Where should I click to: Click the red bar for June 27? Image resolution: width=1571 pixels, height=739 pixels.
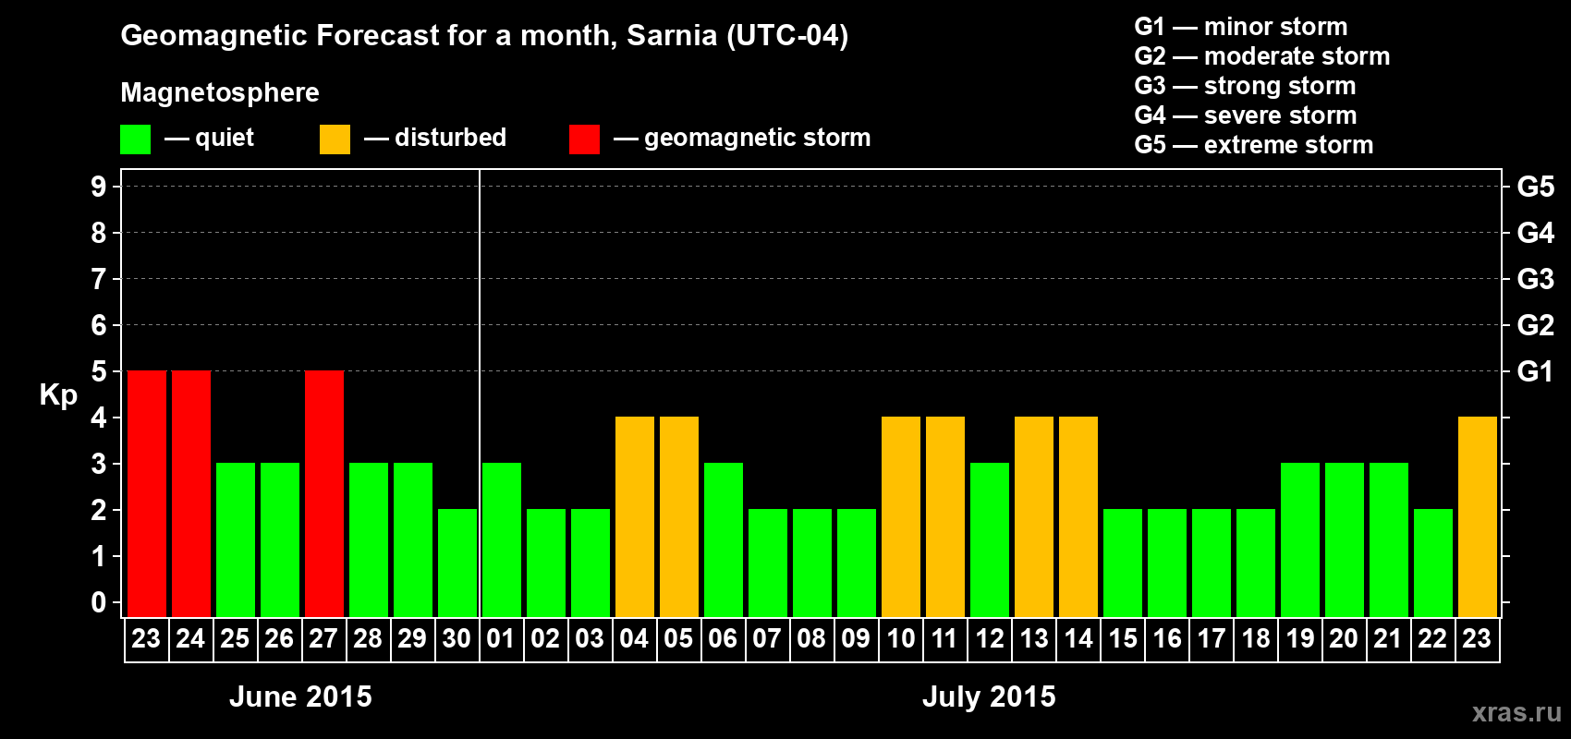tap(324, 493)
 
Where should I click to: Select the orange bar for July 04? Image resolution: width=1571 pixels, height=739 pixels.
tap(635, 516)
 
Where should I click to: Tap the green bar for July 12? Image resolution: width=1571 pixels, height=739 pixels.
tap(990, 539)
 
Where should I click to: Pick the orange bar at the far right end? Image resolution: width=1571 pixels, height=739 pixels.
tap(1478, 516)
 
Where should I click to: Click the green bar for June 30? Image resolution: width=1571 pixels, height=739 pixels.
tap(457, 563)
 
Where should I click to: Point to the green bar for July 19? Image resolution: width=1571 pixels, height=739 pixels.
tap(1300, 539)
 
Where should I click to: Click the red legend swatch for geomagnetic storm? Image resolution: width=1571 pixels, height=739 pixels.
tap(584, 139)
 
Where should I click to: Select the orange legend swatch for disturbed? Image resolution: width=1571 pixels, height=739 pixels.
tap(335, 139)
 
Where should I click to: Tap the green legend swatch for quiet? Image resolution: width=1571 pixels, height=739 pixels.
tap(135, 139)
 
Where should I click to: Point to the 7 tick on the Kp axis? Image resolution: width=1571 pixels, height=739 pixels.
tap(99, 279)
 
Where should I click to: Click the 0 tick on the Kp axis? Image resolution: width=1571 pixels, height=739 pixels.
tap(99, 603)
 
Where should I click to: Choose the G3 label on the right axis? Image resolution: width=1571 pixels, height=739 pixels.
tap(1535, 279)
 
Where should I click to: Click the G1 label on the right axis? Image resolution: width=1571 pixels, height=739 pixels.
tap(1535, 371)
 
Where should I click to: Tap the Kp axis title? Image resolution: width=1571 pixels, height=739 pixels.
tap(58, 395)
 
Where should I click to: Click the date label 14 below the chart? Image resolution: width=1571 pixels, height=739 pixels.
tap(1078, 639)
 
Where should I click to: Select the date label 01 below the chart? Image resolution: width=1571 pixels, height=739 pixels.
tap(501, 639)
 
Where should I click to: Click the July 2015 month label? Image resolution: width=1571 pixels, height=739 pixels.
tap(989, 697)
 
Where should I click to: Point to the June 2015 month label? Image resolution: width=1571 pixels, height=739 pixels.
tap(300, 697)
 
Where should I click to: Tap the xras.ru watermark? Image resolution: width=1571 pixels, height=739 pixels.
tap(1516, 712)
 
